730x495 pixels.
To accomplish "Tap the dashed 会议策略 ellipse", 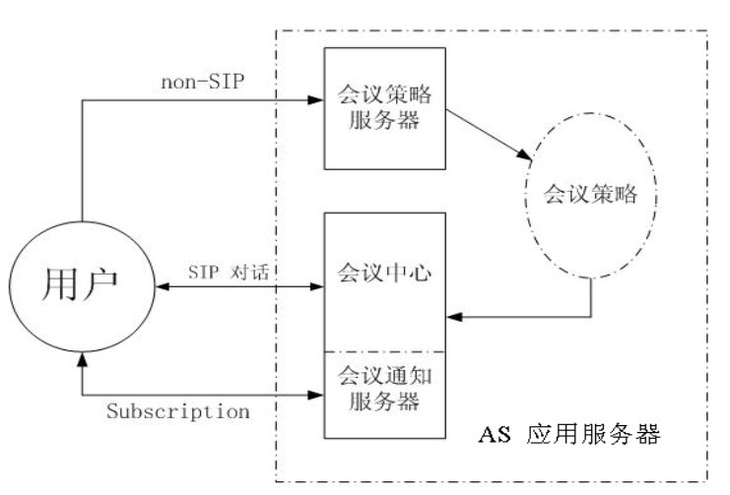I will point(591,195).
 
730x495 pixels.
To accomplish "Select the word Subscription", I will point(176,411).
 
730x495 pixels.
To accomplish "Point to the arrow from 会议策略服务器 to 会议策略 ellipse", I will point(483,132).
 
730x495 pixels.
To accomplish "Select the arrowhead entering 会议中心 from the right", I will point(454,317).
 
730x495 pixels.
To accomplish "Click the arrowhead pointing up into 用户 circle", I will point(83,364).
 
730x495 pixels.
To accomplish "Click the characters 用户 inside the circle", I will point(81,285).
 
